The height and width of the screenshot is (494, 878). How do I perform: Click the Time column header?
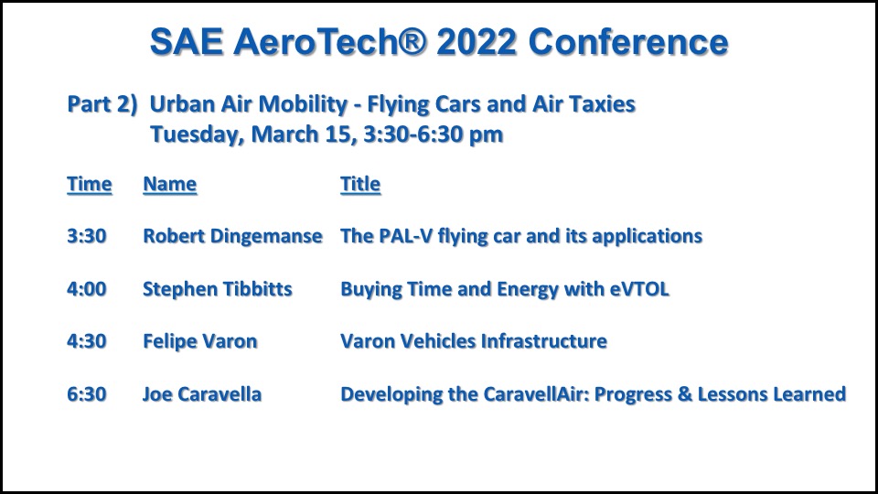tap(89, 184)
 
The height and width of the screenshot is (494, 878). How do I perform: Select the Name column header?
tap(170, 184)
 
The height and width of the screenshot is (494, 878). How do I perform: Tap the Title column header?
tap(360, 184)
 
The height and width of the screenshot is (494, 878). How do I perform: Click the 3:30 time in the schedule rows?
tap(86, 236)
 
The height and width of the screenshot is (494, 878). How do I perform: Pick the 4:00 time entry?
tap(86, 288)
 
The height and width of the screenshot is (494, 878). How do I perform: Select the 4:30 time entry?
tap(86, 340)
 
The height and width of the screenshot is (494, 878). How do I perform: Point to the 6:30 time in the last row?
tap(86, 393)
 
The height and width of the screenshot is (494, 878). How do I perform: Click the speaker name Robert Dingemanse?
tap(232, 236)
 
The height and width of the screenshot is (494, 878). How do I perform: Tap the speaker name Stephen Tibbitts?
tap(218, 289)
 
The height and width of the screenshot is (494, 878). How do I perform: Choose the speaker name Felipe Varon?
tap(200, 341)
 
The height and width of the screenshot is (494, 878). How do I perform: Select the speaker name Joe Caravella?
tap(201, 393)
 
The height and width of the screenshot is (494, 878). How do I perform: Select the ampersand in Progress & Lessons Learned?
tap(684, 393)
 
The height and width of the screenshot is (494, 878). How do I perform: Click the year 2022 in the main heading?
tap(476, 42)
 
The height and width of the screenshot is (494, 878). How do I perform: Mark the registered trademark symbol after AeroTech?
tap(412, 41)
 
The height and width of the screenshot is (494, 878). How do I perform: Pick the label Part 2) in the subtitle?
tap(102, 104)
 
